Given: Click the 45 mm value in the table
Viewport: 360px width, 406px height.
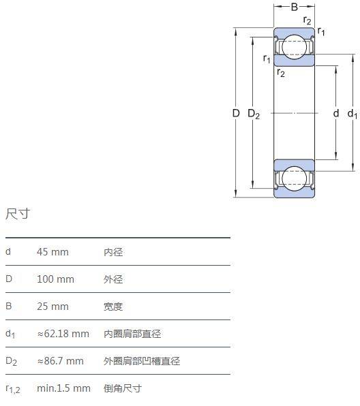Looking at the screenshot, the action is click(x=52, y=251).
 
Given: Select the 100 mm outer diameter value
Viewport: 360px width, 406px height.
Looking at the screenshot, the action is click(x=55, y=279).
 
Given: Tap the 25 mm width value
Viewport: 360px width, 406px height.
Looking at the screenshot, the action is click(x=52, y=307).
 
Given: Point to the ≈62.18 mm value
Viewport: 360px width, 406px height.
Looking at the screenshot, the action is click(x=63, y=334).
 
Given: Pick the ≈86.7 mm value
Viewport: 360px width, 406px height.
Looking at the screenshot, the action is click(x=61, y=360).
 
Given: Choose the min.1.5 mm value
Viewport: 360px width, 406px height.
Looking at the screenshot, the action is click(x=64, y=388).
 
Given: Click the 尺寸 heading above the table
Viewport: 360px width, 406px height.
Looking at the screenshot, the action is click(x=18, y=214).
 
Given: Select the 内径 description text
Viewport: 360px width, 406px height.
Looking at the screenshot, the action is click(x=113, y=252).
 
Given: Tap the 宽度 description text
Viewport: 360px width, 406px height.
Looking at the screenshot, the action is click(x=113, y=307).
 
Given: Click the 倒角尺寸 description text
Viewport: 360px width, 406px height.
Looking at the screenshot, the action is click(x=123, y=388).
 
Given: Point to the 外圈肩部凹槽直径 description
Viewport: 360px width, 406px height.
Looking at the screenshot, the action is click(x=142, y=361).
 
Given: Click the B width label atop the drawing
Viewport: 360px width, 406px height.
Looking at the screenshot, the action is click(x=294, y=7).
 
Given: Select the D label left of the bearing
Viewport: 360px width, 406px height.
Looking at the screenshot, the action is click(x=236, y=113).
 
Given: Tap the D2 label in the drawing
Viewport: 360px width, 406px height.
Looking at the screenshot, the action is click(x=254, y=114).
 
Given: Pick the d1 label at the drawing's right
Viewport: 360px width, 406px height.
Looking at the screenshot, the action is click(x=352, y=114).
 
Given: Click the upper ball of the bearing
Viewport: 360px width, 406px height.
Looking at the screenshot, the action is click(x=294, y=47).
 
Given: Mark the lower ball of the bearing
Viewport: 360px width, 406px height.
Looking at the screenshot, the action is click(x=294, y=178).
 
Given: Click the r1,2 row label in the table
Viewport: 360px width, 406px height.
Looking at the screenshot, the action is click(x=13, y=389).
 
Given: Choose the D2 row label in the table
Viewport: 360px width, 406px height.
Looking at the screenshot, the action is click(x=11, y=361).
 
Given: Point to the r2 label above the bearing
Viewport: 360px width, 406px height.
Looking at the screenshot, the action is click(x=307, y=20).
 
